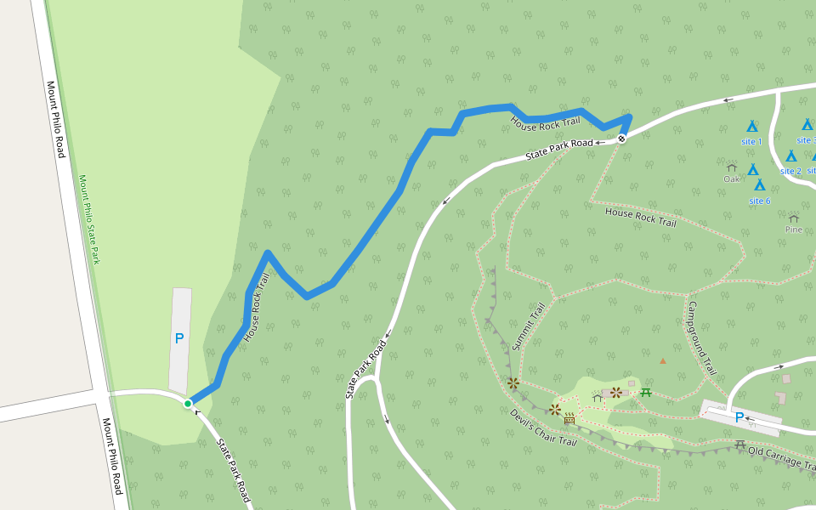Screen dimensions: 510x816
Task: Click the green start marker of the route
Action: [188, 403]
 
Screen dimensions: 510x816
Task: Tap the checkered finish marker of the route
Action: [622, 139]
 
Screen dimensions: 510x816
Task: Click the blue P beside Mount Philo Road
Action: [179, 338]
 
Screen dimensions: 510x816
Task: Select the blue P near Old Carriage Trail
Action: [739, 417]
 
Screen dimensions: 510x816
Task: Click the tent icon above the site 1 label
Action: [751, 126]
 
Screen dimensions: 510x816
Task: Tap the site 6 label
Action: [759, 201]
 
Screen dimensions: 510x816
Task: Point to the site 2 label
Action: [790, 171]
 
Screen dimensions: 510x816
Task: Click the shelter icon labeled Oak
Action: [732, 167]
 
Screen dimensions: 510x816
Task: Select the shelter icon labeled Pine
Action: [794, 218]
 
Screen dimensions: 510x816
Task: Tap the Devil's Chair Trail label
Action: [543, 428]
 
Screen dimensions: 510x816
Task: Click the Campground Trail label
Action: [702, 338]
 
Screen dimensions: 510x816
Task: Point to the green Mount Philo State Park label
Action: [89, 219]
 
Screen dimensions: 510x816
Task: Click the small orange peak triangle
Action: [663, 360]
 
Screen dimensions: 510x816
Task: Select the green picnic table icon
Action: [646, 392]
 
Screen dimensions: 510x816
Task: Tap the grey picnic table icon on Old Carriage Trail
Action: [740, 445]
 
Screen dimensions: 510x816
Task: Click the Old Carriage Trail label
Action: [782, 458]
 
